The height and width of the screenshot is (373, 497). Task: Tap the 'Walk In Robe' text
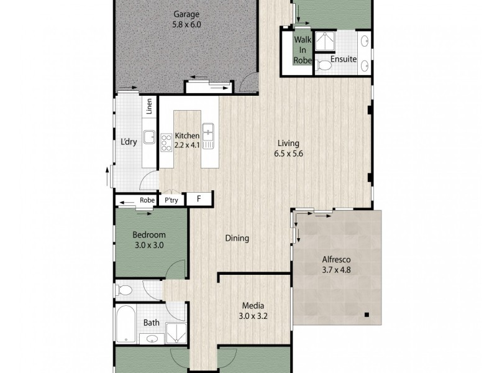point(303,50)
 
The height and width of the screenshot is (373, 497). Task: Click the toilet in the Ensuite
point(323,63)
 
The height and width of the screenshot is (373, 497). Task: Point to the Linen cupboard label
point(150,108)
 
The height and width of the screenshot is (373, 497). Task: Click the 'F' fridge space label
point(199,200)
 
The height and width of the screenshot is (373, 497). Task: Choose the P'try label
point(170,200)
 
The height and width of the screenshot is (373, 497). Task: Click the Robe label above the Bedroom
point(147,200)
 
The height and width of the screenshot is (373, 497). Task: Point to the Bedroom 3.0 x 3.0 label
point(149,239)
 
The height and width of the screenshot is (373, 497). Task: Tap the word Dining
point(237,238)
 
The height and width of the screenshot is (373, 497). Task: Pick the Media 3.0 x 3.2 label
point(253,310)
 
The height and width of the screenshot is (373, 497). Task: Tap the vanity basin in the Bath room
point(152,339)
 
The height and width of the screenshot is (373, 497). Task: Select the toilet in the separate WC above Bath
point(125,290)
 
